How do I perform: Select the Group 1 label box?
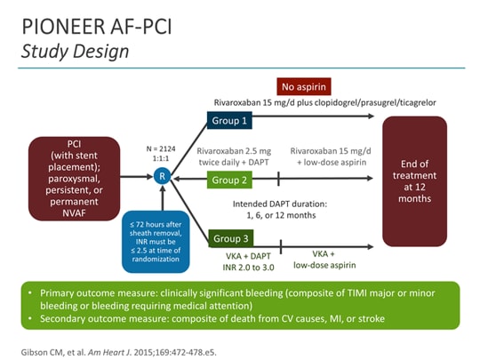[230, 119]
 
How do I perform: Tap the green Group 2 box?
[230, 180]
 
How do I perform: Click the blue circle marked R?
[162, 177]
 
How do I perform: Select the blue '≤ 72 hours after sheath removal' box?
[162, 242]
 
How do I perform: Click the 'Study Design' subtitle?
[76, 51]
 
